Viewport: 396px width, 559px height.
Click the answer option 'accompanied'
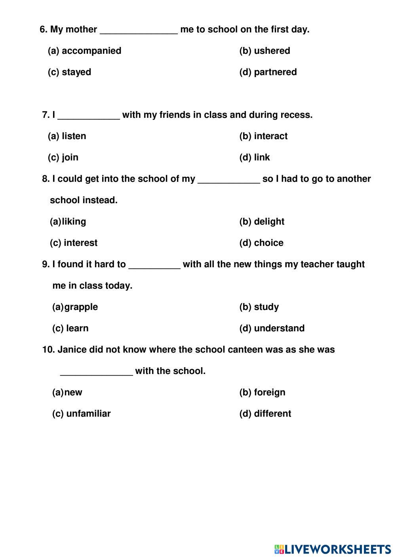click(91, 51)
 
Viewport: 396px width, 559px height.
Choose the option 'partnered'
click(275, 72)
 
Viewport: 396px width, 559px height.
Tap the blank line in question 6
click(139, 32)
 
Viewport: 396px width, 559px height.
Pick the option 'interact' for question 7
click(270, 136)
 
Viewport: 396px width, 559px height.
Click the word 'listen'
click(74, 136)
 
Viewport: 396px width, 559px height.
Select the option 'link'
click(262, 158)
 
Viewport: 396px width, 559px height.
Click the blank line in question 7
click(89, 117)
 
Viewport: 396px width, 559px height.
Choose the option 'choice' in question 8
click(268, 243)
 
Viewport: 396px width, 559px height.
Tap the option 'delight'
click(269, 222)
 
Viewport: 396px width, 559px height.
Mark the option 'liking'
click(74, 222)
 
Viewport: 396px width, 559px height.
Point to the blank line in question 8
click(229, 181)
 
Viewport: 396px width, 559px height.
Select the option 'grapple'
click(81, 307)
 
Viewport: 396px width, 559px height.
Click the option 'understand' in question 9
click(279, 329)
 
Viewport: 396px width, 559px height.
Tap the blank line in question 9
click(154, 266)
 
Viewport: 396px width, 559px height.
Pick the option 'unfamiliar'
click(88, 414)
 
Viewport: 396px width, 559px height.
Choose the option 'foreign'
click(269, 393)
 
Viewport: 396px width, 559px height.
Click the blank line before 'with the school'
click(96, 373)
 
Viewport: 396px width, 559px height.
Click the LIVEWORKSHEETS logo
click(333, 549)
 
